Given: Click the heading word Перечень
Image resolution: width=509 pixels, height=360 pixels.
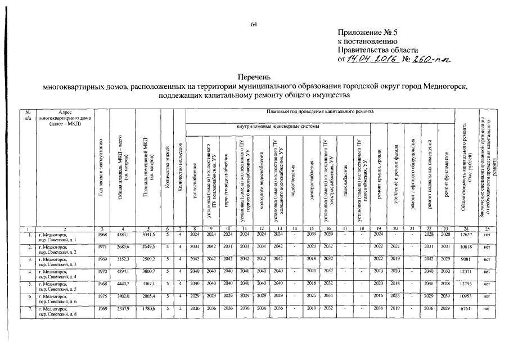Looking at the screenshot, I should tap(254, 76).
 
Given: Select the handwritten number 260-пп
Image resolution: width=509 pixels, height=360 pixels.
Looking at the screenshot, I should tap(426, 59).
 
